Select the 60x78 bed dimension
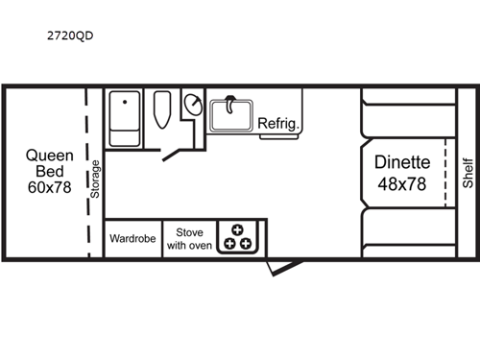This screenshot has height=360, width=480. pyautogui.click(x=48, y=187)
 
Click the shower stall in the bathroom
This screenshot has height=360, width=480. pyautogui.click(x=124, y=119)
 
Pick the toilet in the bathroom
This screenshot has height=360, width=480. pyautogui.click(x=162, y=114)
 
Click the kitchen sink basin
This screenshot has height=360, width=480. pyautogui.click(x=230, y=117)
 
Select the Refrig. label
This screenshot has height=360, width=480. pyautogui.click(x=278, y=123)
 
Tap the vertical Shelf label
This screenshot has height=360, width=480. pyautogui.click(x=468, y=173)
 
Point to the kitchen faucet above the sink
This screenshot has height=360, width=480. pyautogui.click(x=230, y=99)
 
